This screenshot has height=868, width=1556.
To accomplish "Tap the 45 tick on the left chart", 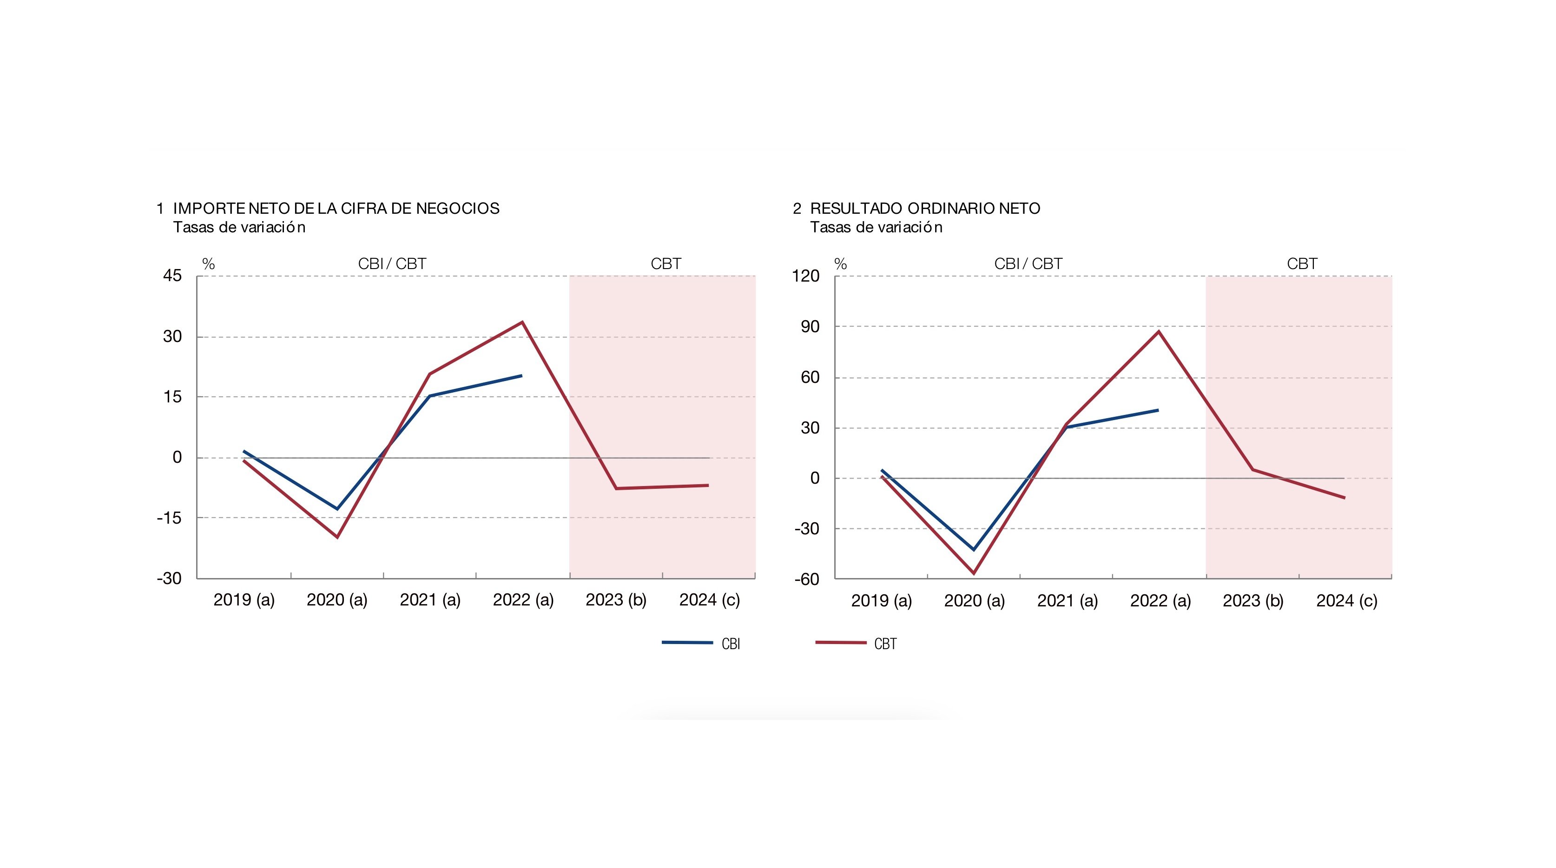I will [x=172, y=276].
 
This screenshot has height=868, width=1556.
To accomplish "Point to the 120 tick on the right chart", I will [x=806, y=276].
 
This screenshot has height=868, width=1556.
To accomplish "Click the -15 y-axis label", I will [x=169, y=518].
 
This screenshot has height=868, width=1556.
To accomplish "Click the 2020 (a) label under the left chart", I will [x=337, y=600].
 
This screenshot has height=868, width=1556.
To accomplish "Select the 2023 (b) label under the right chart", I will [x=1253, y=600].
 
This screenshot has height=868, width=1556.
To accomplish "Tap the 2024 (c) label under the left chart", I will [x=709, y=600].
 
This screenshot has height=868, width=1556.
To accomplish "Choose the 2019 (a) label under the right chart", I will [x=881, y=600].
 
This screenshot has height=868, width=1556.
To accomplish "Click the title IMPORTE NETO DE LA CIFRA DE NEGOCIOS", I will [x=336, y=208].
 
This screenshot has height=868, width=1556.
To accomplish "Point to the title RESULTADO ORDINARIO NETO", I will [x=925, y=208].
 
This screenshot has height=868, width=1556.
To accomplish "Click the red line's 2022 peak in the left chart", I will [x=522, y=322].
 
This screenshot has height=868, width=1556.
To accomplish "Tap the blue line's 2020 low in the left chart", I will [x=337, y=509].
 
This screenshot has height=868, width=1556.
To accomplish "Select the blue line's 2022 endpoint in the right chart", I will [x=1158, y=410].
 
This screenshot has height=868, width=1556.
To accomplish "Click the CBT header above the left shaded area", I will [x=666, y=264].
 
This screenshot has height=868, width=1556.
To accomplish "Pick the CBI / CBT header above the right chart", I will [x=1028, y=264].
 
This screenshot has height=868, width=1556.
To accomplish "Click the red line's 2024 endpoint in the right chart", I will [x=1345, y=498].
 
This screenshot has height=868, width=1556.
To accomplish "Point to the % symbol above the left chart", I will [x=208, y=264].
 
